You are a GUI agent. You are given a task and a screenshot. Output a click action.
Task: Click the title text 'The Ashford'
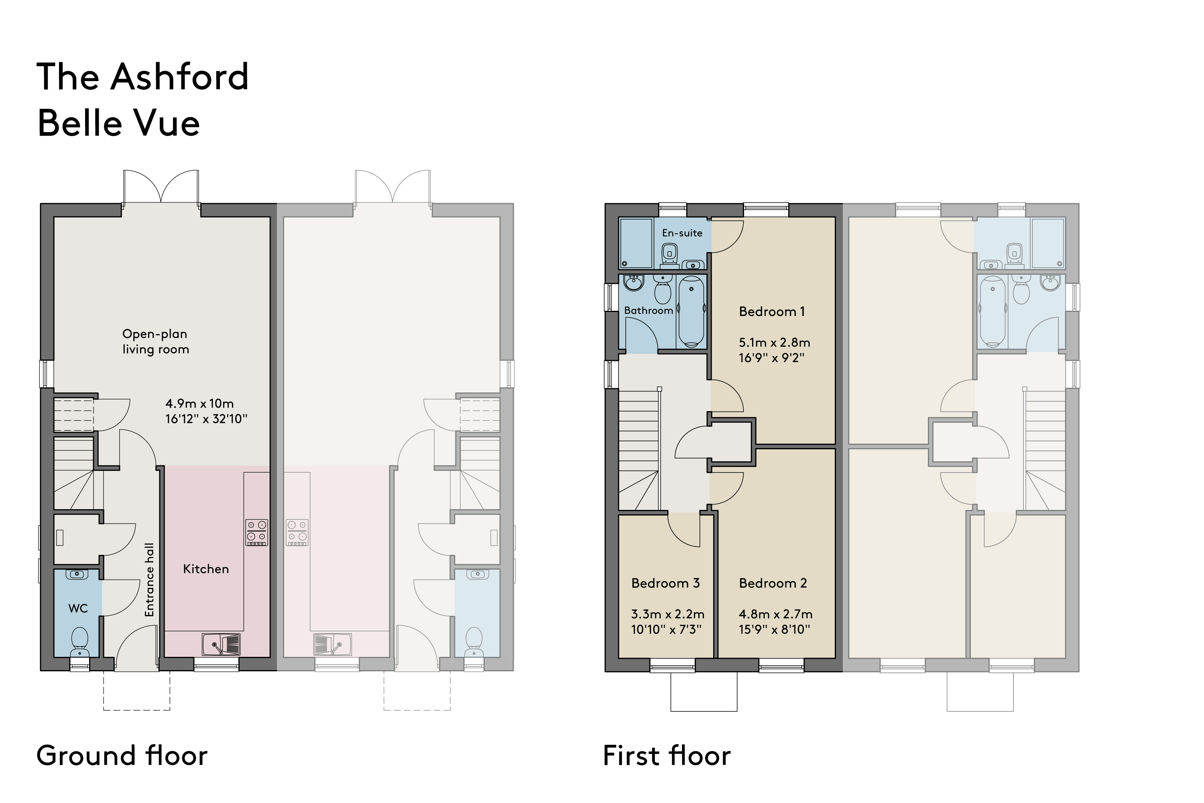pos(142,77)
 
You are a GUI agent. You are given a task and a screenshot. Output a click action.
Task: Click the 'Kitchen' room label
pos(206,569)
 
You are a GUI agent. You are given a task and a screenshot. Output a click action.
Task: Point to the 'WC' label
pos(78,608)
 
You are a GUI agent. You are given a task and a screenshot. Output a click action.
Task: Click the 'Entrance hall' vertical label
pos(149,580)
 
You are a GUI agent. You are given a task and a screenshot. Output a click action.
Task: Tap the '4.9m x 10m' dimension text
pos(199,404)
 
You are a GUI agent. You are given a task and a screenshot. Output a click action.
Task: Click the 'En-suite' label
pos(682,233)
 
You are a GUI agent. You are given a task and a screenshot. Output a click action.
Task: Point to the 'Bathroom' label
pos(648,310)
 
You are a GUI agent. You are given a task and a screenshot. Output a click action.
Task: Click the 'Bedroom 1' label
pos(772,312)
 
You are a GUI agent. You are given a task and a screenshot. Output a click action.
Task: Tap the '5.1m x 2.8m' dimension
pos(775,342)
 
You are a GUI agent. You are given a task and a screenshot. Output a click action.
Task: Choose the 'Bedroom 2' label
pos(773,583)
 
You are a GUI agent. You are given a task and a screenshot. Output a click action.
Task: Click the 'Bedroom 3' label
pos(665,583)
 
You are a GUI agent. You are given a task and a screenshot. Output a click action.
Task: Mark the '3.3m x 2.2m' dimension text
pos(667,613)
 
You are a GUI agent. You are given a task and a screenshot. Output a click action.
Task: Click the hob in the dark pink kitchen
pos(256,533)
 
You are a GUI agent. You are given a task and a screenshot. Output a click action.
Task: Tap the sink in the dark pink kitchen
pos(221,644)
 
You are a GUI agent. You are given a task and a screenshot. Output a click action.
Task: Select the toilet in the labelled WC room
pos(79,643)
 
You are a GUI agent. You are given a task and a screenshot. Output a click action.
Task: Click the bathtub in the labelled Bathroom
pos(691,312)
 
